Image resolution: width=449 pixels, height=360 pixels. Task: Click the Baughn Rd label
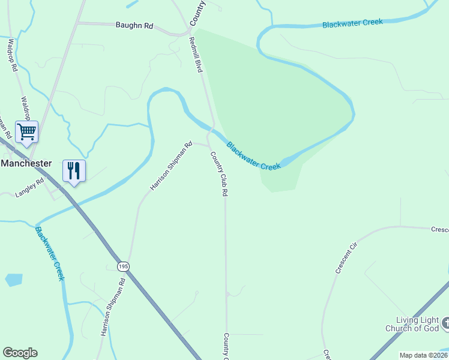click(134, 26)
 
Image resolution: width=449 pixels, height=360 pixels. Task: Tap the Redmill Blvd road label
click(196, 55)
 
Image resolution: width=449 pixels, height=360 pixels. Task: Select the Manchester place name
click(26, 163)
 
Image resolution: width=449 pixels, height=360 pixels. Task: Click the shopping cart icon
click(27, 131)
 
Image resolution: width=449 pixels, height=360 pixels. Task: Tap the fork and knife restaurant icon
click(74, 171)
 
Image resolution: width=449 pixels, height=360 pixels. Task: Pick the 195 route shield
click(123, 266)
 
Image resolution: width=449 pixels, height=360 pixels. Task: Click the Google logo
click(20, 353)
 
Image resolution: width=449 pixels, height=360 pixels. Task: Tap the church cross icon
click(445, 324)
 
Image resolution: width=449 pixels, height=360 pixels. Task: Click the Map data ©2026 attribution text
click(424, 355)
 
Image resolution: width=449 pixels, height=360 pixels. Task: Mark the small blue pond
click(14, 280)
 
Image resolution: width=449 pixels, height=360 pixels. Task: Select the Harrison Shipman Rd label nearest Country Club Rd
click(170, 166)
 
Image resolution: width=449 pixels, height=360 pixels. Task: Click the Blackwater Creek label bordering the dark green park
click(253, 155)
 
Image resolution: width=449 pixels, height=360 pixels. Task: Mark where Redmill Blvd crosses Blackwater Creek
click(212, 128)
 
